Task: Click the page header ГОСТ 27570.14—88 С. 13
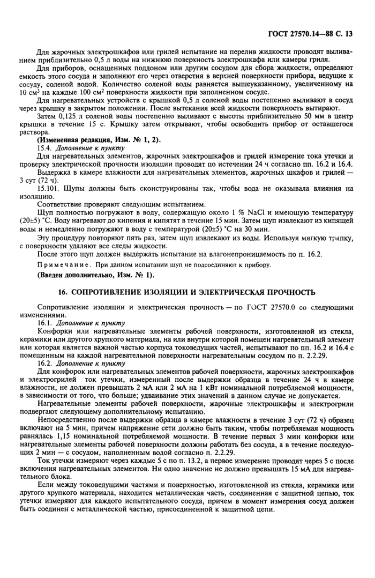click(x=310, y=33)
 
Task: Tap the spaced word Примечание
click(x=59, y=265)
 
